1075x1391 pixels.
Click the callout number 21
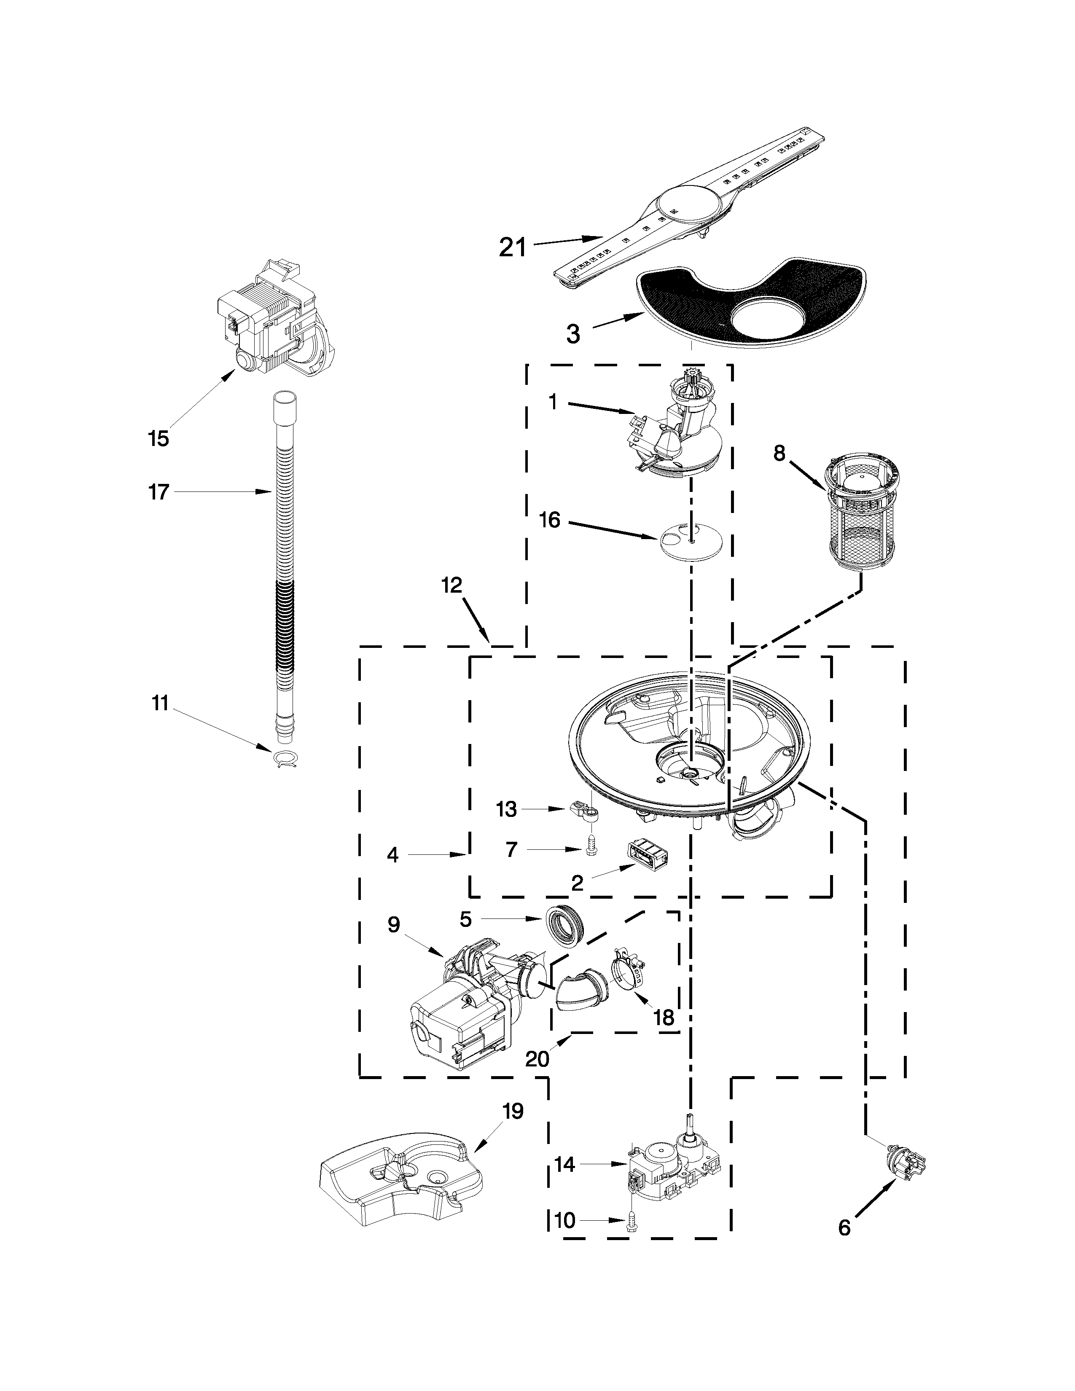point(513,247)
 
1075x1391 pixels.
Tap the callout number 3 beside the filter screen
point(573,334)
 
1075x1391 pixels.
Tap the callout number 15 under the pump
point(159,438)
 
